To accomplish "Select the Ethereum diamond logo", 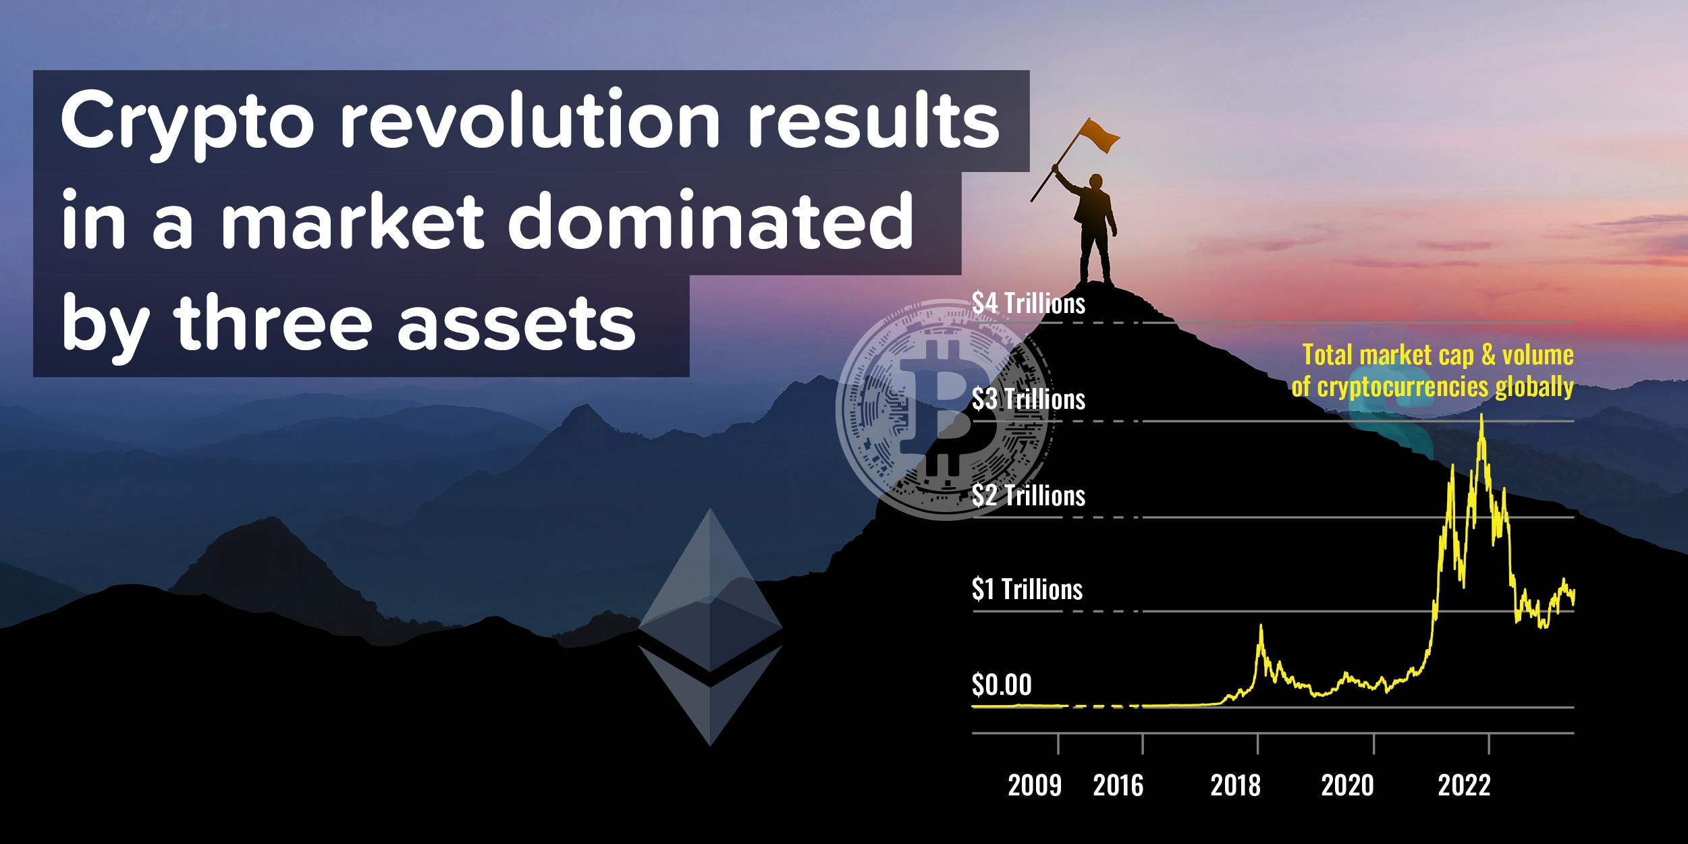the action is [x=710, y=627].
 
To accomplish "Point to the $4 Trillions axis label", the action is [x=1029, y=304].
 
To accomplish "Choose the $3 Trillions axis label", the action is [x=1029, y=399].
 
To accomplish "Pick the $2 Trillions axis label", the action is [x=1029, y=496].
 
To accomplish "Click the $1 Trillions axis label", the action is [x=1027, y=590].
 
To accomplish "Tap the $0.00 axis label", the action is [x=1002, y=685].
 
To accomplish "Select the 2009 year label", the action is [x=1035, y=786].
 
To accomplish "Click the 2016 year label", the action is [x=1118, y=786].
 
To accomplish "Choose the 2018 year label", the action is [x=1235, y=786].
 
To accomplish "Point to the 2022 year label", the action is [x=1464, y=786].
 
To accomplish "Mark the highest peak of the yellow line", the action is [x=1481, y=414].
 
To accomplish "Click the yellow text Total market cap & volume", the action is [x=1438, y=355].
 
